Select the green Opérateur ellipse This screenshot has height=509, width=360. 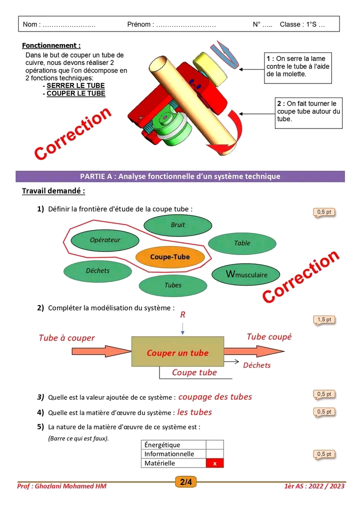pyautogui.click(x=105, y=240)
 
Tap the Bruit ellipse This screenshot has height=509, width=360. pyautogui.click(x=177, y=225)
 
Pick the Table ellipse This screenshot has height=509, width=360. pyautogui.click(x=242, y=243)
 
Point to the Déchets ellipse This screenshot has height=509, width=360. pyautogui.click(x=97, y=270)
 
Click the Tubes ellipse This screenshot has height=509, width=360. pyautogui.click(x=173, y=285)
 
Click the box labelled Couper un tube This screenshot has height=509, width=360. pyautogui.click(x=177, y=352)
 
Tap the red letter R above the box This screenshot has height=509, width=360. pyautogui.click(x=182, y=315)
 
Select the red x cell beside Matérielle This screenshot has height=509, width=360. pyautogui.click(x=214, y=463)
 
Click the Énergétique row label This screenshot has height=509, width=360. pyautogui.click(x=162, y=445)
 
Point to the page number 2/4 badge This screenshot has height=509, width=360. pyautogui.click(x=185, y=482)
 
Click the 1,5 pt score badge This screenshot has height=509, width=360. pyautogui.click(x=324, y=320)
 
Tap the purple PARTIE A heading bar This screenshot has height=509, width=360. pyautogui.click(x=180, y=176)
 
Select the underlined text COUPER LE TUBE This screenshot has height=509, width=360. pyautogui.click(x=76, y=93)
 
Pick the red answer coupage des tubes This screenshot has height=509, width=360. pyautogui.click(x=215, y=397)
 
